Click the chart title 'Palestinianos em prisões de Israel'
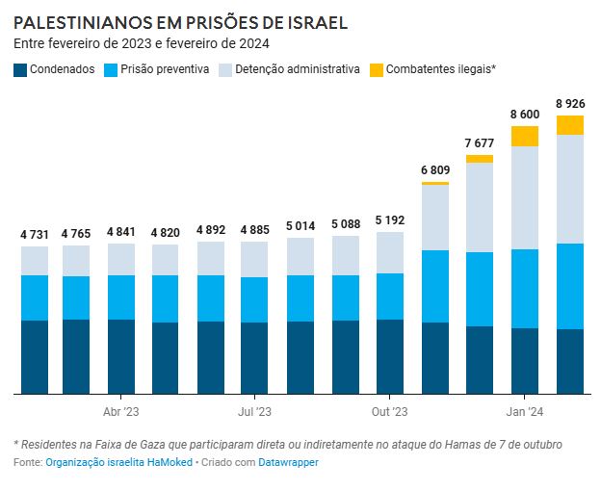coord(181,22)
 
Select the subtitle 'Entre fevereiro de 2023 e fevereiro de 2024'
coord(142,44)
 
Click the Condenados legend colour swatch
coord(20,69)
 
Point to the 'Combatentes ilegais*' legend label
coord(440,69)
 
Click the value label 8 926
coord(570,104)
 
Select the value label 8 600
coord(525,115)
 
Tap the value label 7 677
coord(480,143)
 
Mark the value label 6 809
coord(435,170)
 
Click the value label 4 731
coord(35,235)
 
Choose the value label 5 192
coord(390,220)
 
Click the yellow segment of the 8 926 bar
coord(570,125)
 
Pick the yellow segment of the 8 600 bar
coord(525,136)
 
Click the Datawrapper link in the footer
coord(288,463)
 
